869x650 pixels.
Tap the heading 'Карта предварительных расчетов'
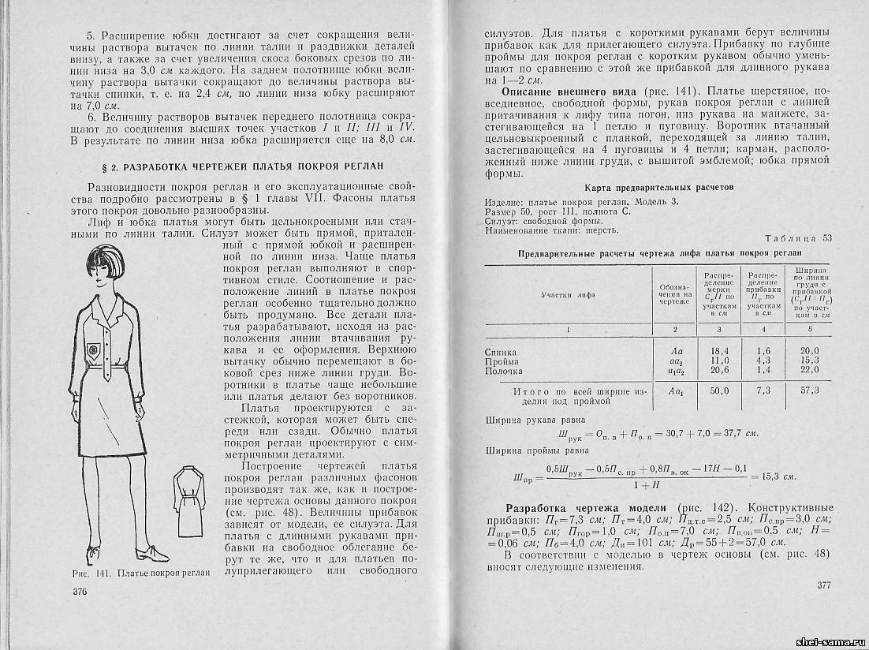click(659, 188)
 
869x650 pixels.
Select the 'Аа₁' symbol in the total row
click(675, 390)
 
